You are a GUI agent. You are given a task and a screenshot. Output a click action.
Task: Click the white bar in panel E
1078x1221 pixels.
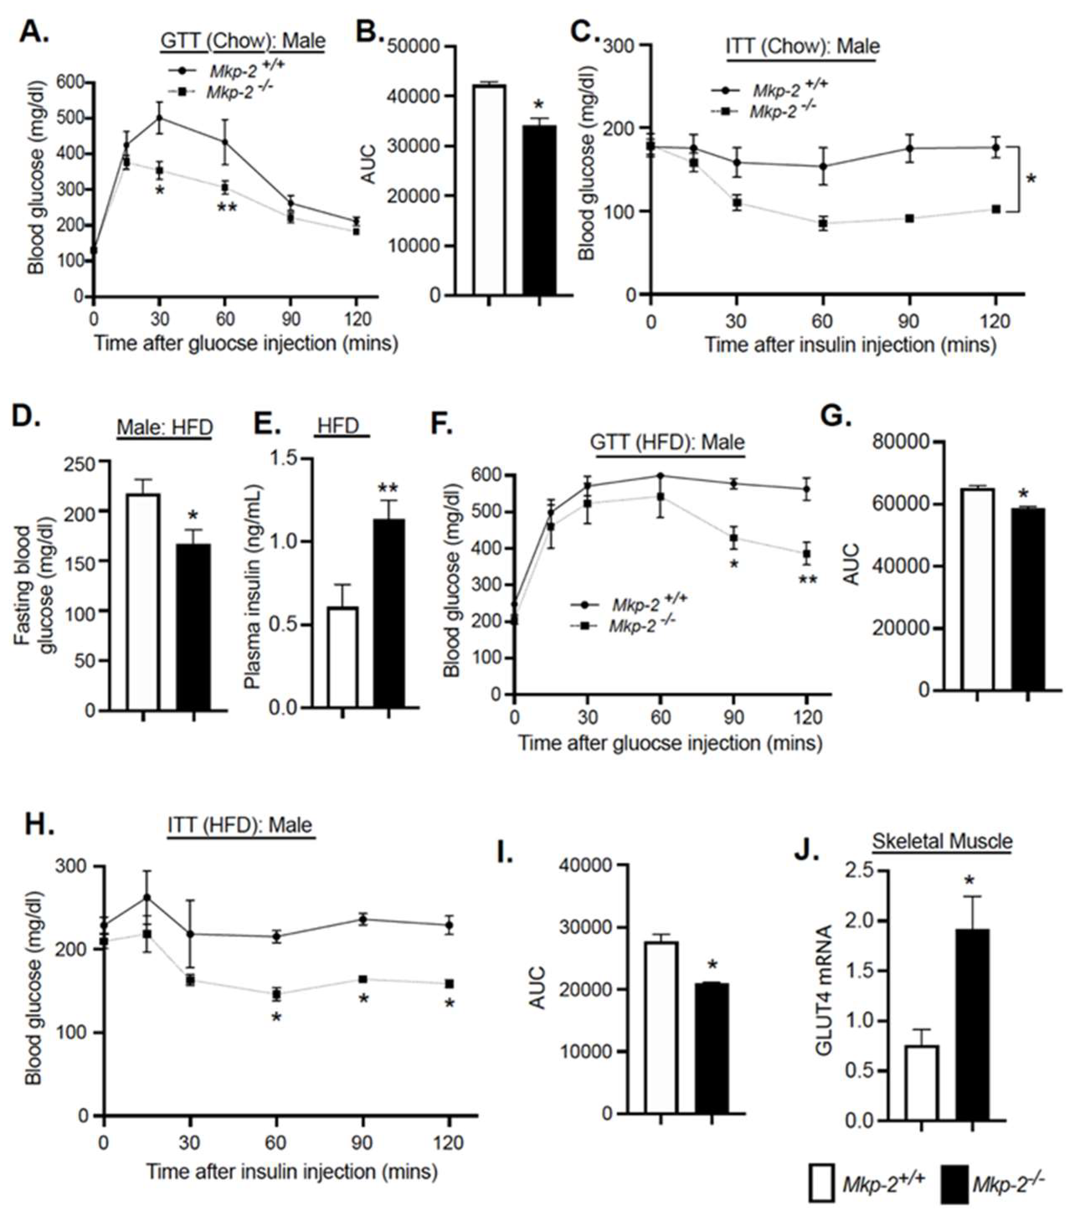click(342, 657)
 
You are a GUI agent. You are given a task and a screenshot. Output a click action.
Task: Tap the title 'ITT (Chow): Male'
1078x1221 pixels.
click(802, 46)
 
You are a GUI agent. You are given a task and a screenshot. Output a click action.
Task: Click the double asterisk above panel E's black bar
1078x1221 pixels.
click(388, 488)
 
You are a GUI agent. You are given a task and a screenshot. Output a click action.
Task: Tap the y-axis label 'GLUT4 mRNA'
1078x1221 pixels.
click(824, 990)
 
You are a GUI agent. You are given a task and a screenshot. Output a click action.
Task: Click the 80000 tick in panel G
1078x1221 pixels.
click(901, 442)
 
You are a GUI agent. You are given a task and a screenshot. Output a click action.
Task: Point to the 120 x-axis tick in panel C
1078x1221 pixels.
click(995, 321)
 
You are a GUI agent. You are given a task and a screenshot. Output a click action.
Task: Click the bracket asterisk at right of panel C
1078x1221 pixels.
click(1032, 179)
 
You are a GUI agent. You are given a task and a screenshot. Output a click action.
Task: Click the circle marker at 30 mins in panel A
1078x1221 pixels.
click(159, 118)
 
